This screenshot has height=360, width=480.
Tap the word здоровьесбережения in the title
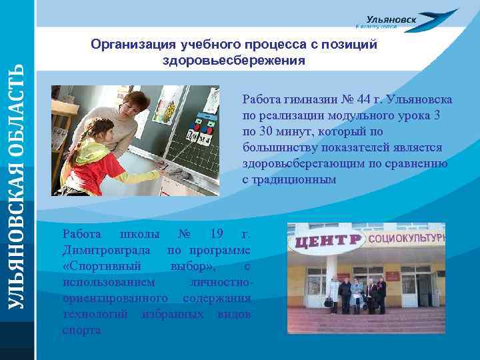coord(234,60)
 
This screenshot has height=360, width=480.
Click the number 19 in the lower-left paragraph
coord(216,234)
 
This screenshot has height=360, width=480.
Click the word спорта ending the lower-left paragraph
coord(82,330)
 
